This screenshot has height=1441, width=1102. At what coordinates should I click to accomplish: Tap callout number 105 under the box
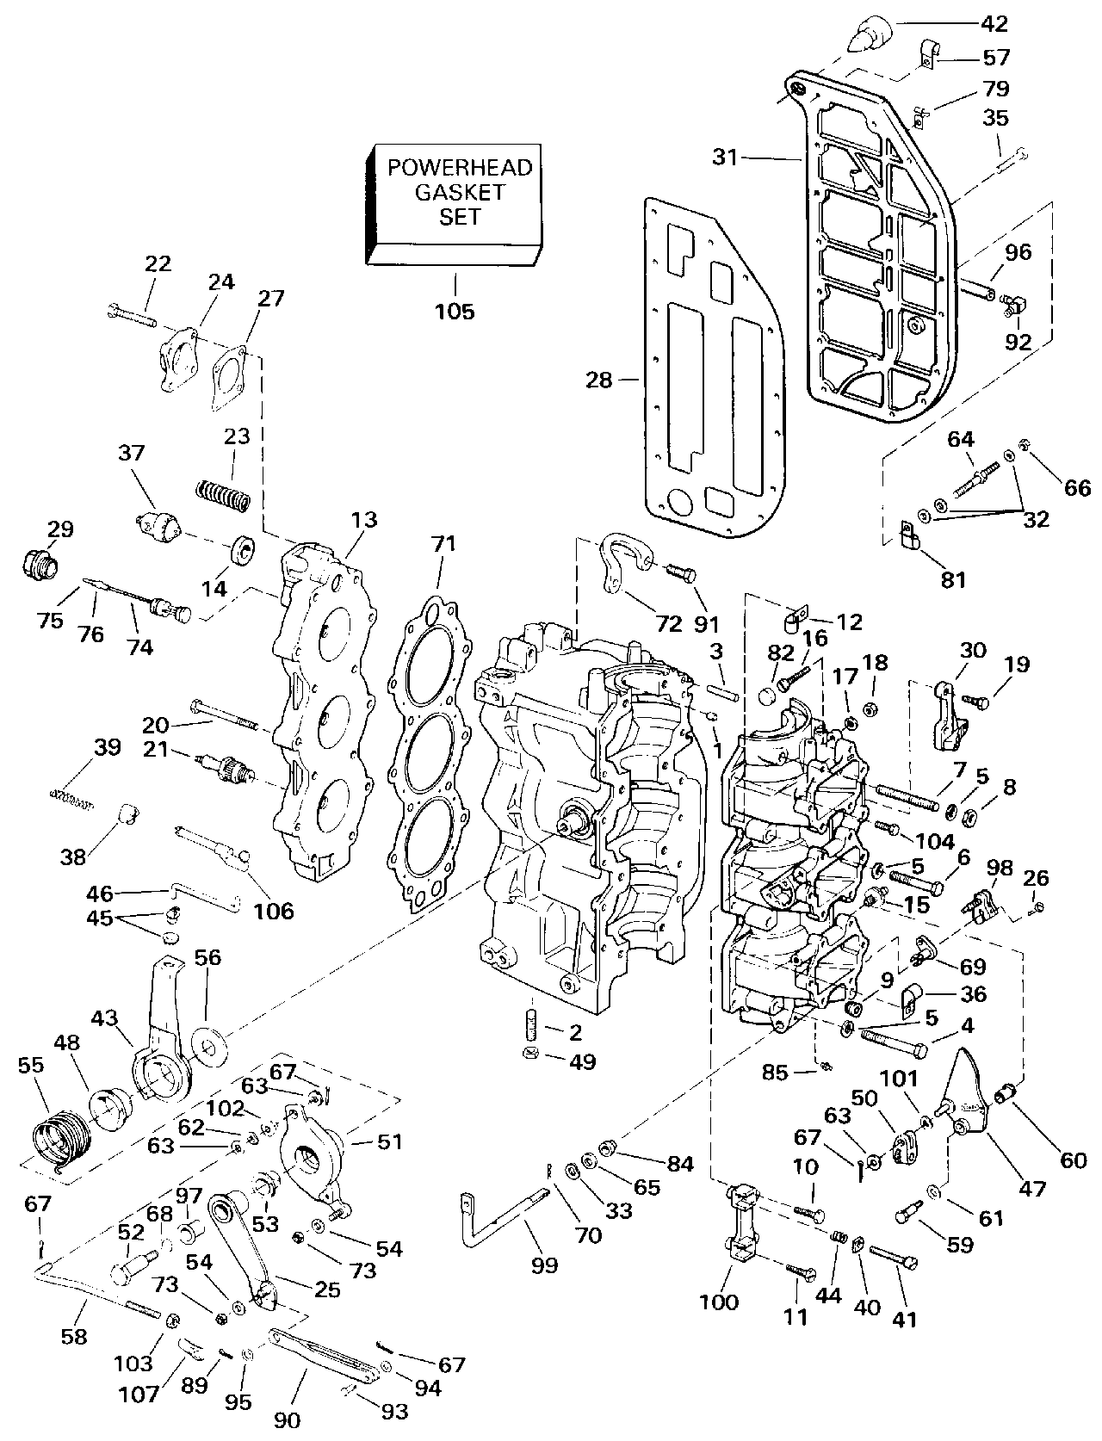455,311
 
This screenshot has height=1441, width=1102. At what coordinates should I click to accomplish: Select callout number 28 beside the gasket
599,379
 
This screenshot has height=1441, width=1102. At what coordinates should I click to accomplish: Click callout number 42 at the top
990,24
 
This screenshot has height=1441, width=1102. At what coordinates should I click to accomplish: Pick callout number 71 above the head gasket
444,544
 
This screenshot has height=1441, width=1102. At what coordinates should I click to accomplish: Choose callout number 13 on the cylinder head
363,520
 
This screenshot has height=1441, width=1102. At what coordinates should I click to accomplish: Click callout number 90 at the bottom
287,1419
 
